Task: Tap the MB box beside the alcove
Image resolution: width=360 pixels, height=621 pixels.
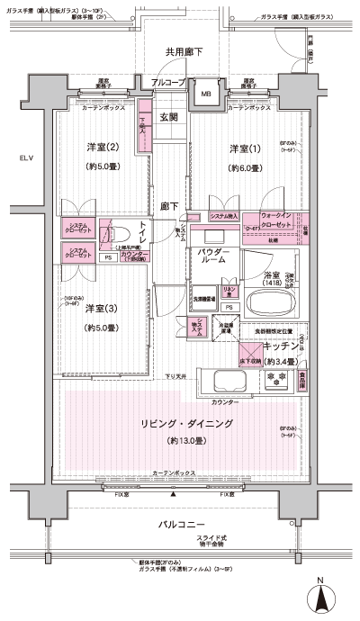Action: [206, 94]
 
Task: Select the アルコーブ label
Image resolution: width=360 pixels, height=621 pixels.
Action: [167, 82]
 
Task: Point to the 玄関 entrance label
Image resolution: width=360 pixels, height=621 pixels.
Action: [169, 117]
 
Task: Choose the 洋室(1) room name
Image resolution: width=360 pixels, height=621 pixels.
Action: [244, 148]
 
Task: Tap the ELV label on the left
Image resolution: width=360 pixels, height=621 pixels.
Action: [17, 159]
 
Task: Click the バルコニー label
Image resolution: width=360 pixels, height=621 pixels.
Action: [184, 524]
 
